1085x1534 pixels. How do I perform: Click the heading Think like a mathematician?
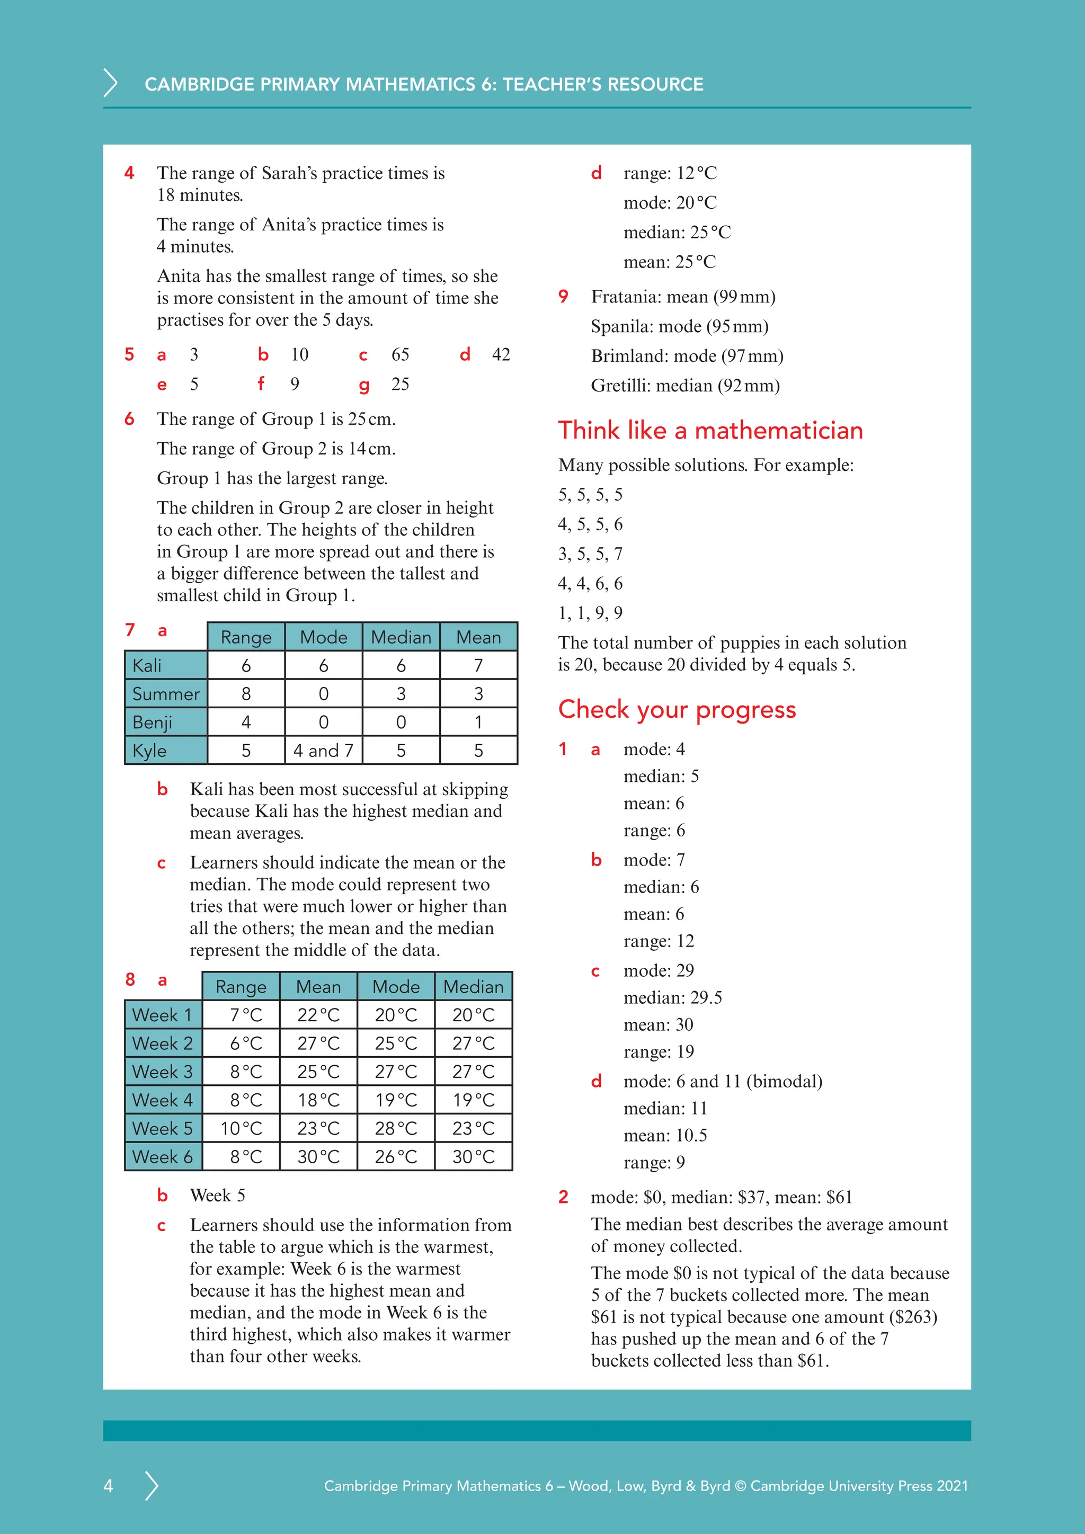(x=710, y=430)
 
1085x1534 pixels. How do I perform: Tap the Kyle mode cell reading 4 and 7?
(x=323, y=750)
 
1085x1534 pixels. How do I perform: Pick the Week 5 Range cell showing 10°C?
(x=241, y=1128)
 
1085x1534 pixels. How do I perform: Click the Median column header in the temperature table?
(x=473, y=987)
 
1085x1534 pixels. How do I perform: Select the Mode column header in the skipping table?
(x=323, y=637)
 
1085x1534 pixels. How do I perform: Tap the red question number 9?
(x=563, y=296)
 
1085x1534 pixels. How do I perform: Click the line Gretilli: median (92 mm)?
(x=685, y=386)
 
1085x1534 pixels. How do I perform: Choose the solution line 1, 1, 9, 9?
(x=590, y=613)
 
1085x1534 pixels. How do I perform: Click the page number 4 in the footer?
(x=108, y=1486)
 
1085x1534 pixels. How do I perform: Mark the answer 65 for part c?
(x=400, y=355)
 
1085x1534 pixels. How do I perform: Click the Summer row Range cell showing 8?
(x=246, y=694)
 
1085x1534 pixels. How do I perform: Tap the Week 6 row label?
(x=162, y=1156)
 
